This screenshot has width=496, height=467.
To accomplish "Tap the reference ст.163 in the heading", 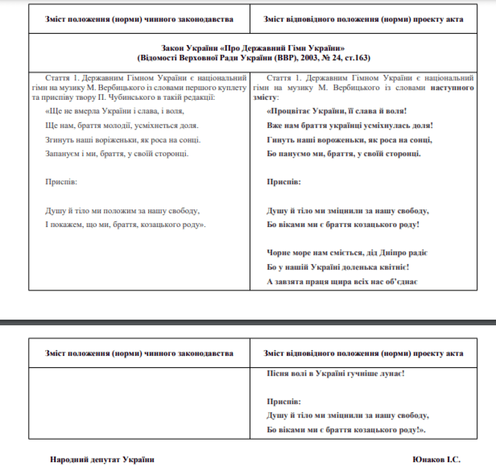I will point(356,58).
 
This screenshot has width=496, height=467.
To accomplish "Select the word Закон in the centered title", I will point(172,48).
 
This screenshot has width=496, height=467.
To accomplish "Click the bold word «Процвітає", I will point(286,111).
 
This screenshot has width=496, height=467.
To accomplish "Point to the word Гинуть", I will point(278,140).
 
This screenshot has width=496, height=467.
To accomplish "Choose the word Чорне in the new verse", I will point(277,253).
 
